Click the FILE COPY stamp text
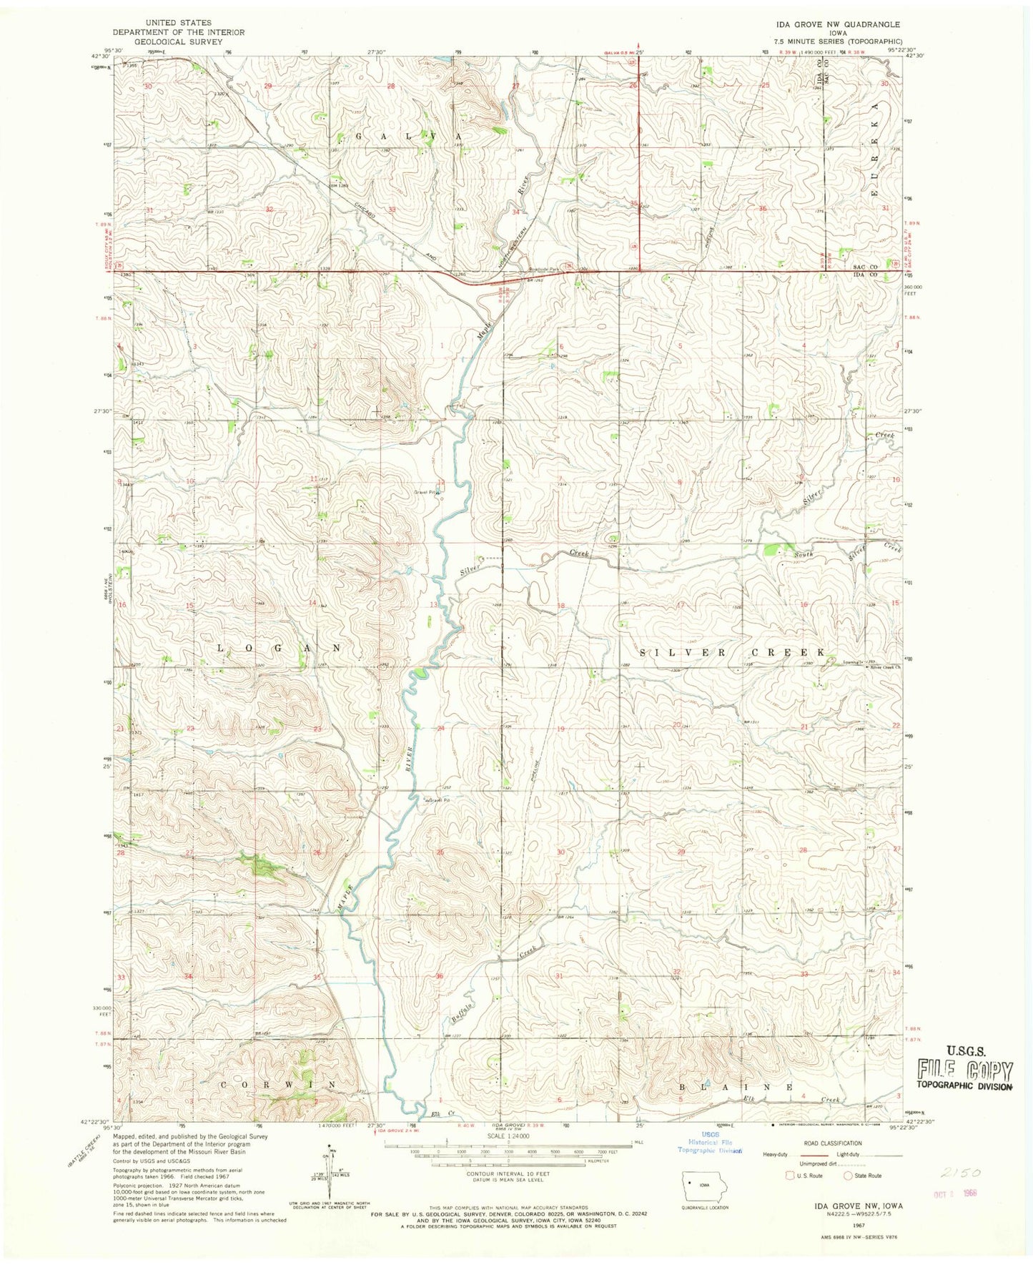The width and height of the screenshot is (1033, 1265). coord(965,1070)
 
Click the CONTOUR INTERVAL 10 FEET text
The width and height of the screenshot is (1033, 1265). coord(508,1174)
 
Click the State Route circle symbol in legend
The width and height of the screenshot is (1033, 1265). coord(848,1176)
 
